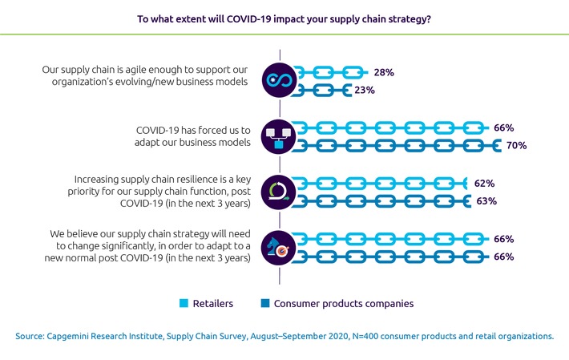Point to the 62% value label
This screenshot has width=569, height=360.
[x=484, y=183]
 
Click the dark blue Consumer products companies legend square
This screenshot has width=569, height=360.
[x=266, y=303]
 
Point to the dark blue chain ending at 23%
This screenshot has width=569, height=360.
[x=321, y=91]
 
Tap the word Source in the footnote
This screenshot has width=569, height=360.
[x=31, y=336]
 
